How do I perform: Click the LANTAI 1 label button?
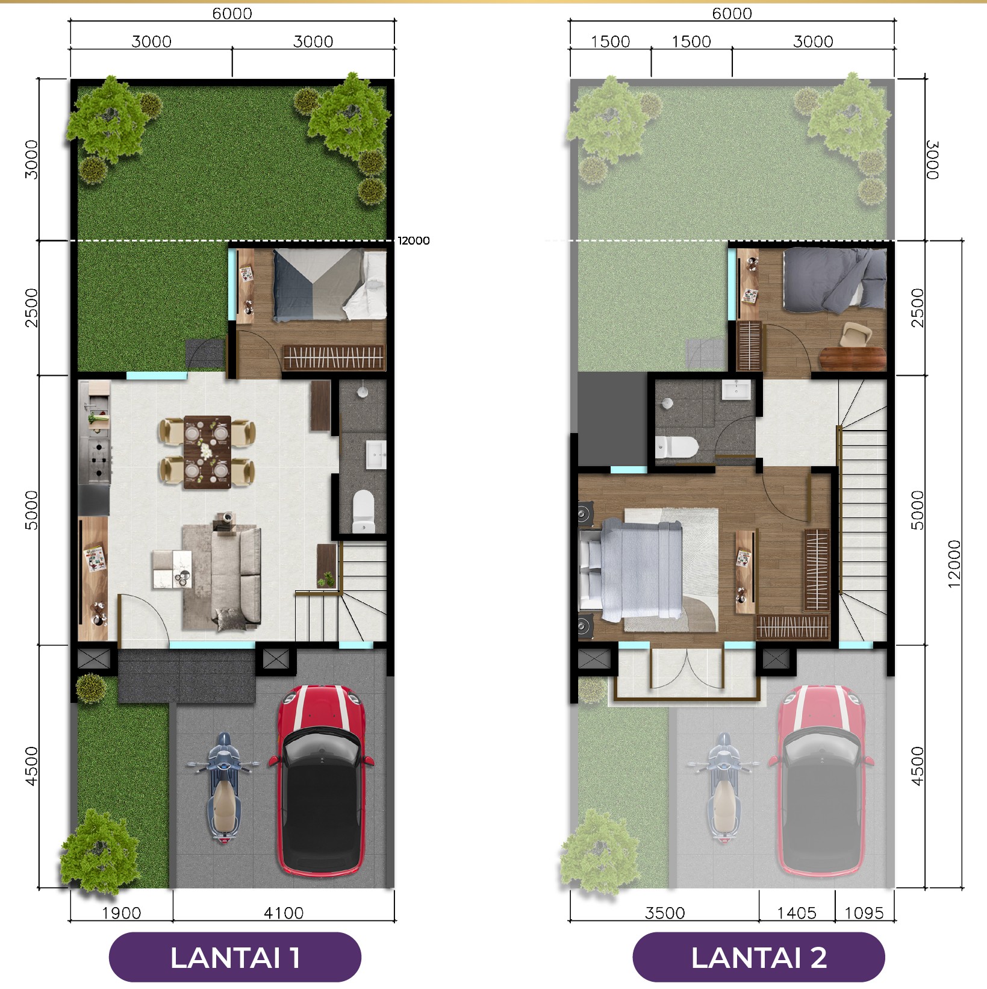pyautogui.click(x=235, y=957)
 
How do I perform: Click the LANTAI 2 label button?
pyautogui.click(x=759, y=957)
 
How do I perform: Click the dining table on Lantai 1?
pyautogui.click(x=207, y=452)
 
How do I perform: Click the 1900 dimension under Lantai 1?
pyautogui.click(x=121, y=913)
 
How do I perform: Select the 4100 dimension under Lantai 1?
pyautogui.click(x=284, y=913)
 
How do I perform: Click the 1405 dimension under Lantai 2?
pyautogui.click(x=797, y=913)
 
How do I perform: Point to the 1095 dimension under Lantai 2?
pyautogui.click(x=864, y=913)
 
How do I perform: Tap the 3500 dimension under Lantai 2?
pyautogui.click(x=665, y=913)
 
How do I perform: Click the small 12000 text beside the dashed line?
pyautogui.click(x=414, y=241)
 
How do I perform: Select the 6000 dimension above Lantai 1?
pyautogui.click(x=232, y=13)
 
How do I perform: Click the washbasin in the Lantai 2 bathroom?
pyautogui.click(x=736, y=390)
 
